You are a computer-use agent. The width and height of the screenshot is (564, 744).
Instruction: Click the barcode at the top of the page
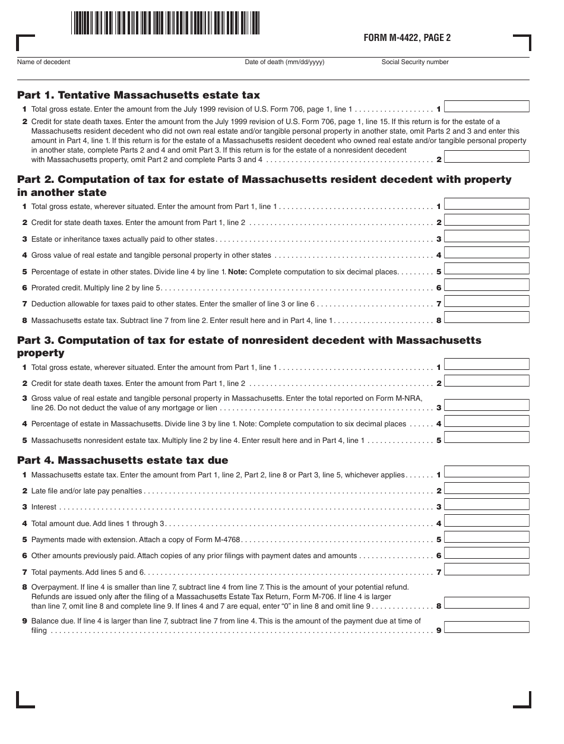tap(165, 23)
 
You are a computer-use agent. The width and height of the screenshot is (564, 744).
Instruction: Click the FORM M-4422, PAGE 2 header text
tap(407, 38)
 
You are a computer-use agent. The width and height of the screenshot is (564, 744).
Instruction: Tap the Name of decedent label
tap(43, 62)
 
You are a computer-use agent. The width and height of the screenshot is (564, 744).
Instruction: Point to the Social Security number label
tap(415, 62)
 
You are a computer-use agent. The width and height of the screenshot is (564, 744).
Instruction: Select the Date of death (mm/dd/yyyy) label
tap(284, 62)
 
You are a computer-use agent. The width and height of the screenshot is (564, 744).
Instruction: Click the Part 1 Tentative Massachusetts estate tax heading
tap(138, 95)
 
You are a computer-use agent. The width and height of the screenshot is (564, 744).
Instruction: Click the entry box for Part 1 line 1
tap(486, 107)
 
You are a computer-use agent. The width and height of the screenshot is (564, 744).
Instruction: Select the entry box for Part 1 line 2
tap(486, 157)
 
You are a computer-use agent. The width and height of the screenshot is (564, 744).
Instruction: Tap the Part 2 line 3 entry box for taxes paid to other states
tap(486, 236)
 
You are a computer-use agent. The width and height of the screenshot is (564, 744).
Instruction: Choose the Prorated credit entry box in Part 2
tap(486, 285)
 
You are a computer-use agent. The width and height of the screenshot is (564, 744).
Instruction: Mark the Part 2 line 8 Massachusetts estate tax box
tap(486, 317)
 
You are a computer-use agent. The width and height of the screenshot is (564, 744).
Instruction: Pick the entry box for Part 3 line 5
tap(486, 438)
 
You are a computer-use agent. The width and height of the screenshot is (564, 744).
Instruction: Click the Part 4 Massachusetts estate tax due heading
tap(122, 460)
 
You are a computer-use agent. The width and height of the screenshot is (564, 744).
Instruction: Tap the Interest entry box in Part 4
tap(486, 504)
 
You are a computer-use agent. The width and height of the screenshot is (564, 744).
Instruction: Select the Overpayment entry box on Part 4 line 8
tap(486, 603)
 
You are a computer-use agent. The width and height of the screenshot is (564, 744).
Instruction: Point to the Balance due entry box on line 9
tap(486, 628)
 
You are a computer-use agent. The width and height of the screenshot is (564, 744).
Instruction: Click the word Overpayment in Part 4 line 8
tap(52, 587)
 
